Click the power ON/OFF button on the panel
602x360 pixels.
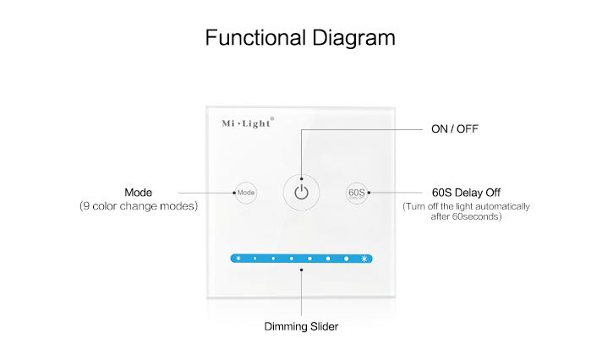pos(301,193)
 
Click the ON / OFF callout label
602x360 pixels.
pos(456,129)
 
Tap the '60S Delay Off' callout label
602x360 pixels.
pos(464,192)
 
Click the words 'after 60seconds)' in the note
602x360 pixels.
pos(464,217)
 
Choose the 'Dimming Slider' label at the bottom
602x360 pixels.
pos(301,325)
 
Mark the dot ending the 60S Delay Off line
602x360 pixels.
pos(369,193)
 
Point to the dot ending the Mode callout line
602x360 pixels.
pos(234,193)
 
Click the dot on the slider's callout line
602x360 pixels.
pos(301,271)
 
